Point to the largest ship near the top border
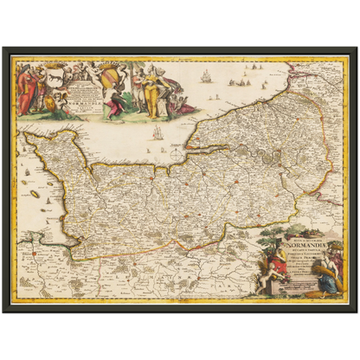(206, 76)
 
